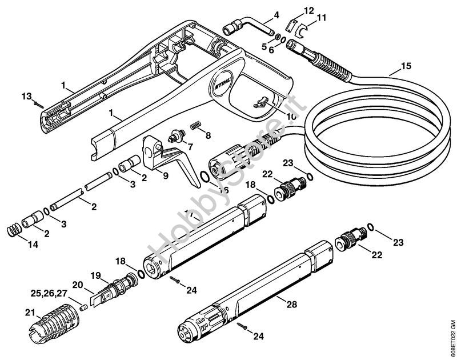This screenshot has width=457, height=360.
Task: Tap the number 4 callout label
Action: (276, 15)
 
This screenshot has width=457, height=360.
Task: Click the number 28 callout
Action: (292, 305)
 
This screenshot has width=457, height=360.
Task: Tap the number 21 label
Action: (30, 312)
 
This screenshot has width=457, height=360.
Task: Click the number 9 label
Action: (165, 177)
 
